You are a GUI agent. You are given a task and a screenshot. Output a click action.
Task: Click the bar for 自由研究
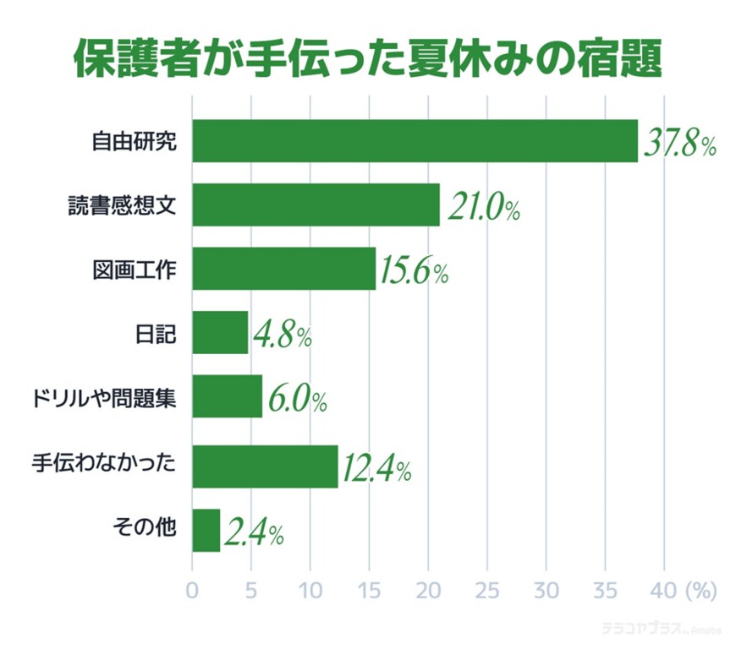(x=415, y=140)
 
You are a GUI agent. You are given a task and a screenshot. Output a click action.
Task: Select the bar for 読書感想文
(x=316, y=205)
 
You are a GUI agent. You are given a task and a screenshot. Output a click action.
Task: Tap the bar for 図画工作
(x=283, y=269)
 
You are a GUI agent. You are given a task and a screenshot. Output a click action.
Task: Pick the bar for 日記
(x=220, y=332)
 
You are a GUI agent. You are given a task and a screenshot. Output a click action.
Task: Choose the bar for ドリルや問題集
(x=227, y=397)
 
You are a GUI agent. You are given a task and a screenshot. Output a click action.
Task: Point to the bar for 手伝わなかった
(x=265, y=466)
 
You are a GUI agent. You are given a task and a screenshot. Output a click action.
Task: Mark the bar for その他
(x=206, y=531)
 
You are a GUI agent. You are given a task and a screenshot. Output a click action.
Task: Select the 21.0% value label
(x=483, y=208)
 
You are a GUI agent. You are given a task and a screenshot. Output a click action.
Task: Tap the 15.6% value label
(x=414, y=272)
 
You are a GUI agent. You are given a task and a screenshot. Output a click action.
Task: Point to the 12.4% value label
(x=376, y=468)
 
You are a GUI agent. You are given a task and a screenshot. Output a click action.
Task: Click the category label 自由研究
(x=135, y=141)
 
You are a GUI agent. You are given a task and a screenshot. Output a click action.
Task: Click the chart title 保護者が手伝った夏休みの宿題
(x=367, y=58)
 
